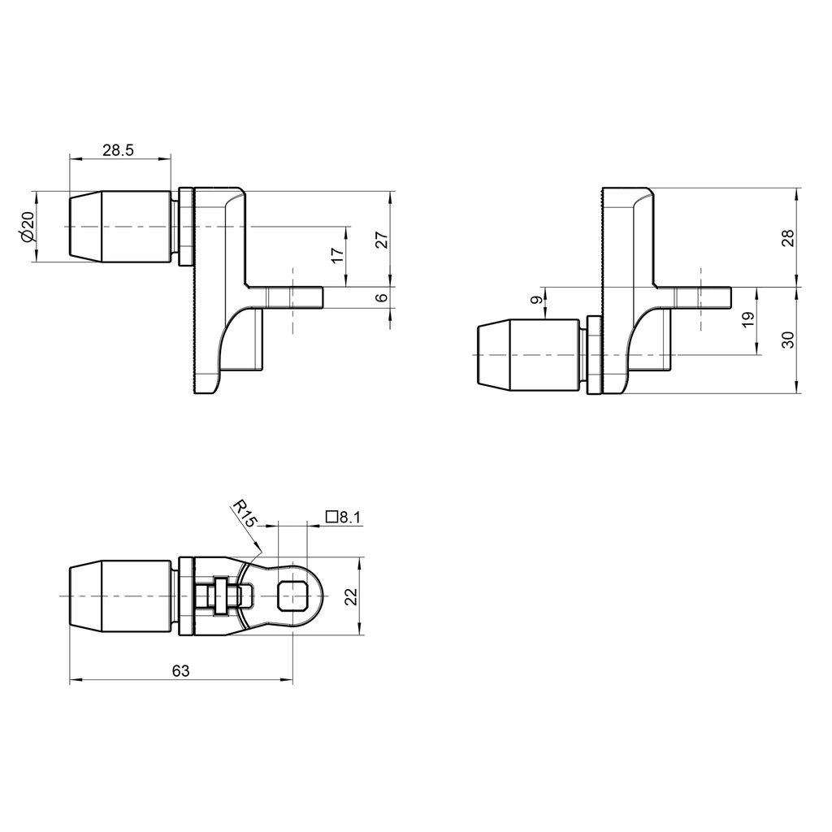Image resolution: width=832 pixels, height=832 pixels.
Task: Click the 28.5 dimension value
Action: (x=119, y=149)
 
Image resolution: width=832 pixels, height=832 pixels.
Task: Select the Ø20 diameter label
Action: (x=26, y=227)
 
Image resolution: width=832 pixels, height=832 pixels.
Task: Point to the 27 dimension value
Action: (x=382, y=239)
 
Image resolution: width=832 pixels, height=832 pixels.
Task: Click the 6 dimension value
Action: (x=382, y=298)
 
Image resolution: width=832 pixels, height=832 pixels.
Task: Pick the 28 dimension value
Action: (x=787, y=237)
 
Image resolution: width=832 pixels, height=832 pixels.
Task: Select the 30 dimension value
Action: (x=787, y=340)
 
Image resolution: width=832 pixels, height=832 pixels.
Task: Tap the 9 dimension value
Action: (x=535, y=301)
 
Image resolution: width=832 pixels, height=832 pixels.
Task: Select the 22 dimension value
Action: (x=351, y=596)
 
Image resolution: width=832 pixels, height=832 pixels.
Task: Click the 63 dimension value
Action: (x=180, y=671)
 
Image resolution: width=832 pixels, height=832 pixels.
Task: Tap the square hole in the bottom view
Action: (x=292, y=596)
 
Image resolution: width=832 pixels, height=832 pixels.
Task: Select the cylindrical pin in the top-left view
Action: (x=122, y=227)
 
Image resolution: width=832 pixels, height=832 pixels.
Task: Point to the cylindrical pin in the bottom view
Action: (x=122, y=596)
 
